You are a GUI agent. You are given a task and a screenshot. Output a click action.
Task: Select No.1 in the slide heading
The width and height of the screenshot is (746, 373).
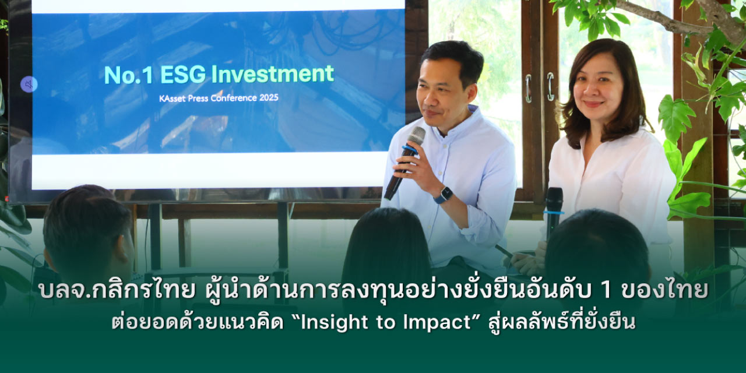pos(129,75)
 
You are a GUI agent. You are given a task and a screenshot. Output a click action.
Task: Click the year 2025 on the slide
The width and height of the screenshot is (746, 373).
pos(269,98)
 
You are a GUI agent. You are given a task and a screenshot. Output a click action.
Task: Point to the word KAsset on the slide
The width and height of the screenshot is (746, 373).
pos(172,99)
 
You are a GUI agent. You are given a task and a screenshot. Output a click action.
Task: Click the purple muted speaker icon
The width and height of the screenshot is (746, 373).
pos(29,85)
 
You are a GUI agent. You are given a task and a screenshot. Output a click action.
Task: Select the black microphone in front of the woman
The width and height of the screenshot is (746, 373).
pos(554,213)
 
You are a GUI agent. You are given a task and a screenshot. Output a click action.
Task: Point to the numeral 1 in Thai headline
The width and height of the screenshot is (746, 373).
pos(606,290)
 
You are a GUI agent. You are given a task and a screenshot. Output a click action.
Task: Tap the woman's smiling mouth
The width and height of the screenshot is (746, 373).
pos(594,104)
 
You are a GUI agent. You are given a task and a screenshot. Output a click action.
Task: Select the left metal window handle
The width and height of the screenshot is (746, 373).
pos(528,88)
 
